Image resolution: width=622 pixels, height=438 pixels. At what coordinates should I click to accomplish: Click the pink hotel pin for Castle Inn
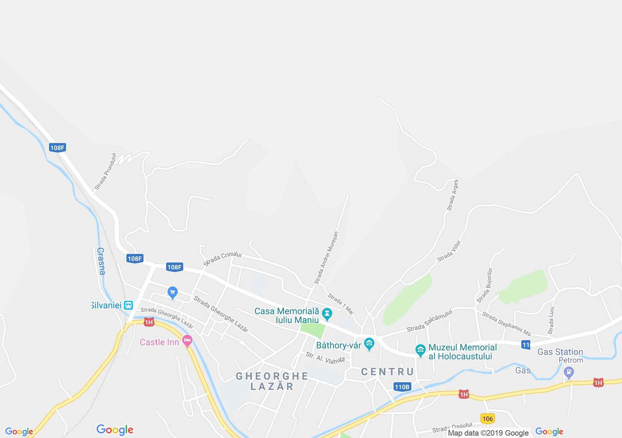coord(187,341)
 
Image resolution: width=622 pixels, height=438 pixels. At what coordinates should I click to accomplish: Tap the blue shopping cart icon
coord(172,293)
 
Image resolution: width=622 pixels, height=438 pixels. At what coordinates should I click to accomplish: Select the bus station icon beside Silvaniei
coord(128,305)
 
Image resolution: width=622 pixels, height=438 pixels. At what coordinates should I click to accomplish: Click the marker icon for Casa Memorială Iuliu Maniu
coord(327,314)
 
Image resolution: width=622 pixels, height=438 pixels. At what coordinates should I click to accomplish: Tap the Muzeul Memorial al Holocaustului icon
coord(420,350)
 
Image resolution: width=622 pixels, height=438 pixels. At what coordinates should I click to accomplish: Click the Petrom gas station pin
coord(569,372)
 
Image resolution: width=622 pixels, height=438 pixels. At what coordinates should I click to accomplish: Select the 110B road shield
coord(402,387)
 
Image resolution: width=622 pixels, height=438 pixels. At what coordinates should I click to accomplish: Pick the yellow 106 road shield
coord(487,418)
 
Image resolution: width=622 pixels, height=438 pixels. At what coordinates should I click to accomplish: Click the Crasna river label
coord(101,261)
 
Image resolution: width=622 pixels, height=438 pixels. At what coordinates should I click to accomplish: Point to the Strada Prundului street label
coord(105,171)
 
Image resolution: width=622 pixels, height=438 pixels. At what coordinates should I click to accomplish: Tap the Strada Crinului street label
coord(223,258)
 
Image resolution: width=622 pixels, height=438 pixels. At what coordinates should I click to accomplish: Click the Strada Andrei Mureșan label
coord(326,258)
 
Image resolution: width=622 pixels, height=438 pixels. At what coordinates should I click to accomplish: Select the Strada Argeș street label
coord(452,195)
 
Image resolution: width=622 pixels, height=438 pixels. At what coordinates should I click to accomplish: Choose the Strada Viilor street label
coord(449,251)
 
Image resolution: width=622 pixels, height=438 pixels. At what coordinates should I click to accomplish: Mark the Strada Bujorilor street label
coord(485,285)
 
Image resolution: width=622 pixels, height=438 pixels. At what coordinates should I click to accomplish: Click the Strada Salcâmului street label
coord(430,321)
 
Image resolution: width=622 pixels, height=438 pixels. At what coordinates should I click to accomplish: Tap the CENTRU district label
coord(387,372)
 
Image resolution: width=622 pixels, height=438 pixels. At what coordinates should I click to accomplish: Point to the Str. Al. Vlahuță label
coord(325,358)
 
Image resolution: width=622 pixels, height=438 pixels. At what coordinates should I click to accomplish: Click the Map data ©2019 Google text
coord(488,433)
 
